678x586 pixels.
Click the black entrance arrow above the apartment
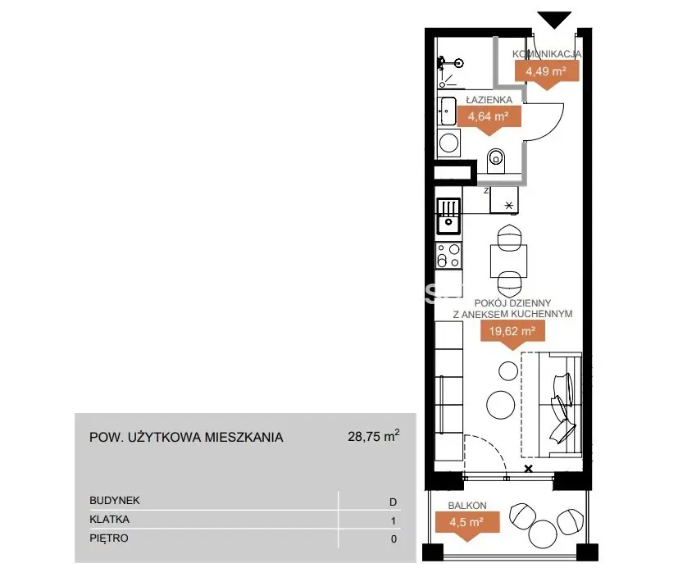(554, 20)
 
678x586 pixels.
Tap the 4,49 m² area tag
(547, 74)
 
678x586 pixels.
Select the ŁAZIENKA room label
(489, 100)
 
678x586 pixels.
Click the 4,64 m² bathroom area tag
(489, 119)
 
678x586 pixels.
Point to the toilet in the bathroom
(496, 161)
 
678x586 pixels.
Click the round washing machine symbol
(448, 143)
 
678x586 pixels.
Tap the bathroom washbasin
(447, 111)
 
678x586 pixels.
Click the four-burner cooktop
(448, 256)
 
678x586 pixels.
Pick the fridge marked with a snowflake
(503, 200)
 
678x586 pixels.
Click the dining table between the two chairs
(509, 261)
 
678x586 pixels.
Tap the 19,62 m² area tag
(512, 334)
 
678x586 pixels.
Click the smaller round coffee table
(508, 370)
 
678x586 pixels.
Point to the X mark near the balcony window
(529, 469)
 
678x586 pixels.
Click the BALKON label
(467, 505)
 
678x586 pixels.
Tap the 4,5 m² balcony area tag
(467, 525)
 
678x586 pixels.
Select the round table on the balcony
(543, 534)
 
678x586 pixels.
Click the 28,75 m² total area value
(374, 436)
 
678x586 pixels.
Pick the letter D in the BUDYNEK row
(393, 502)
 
